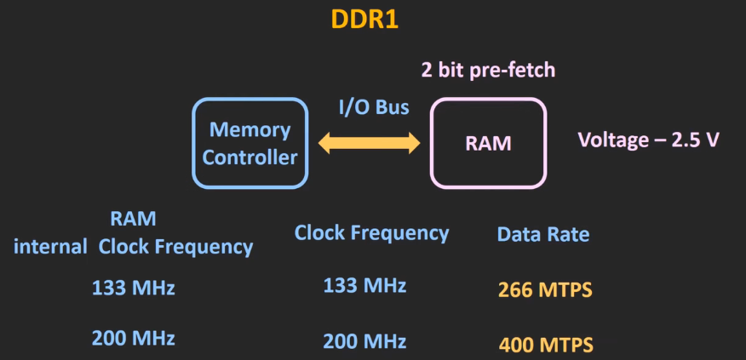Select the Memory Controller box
[250, 143]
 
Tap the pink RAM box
[488, 143]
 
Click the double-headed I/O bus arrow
[369, 142]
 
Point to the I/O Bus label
[374, 108]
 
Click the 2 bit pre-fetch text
[488, 70]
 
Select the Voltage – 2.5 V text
[648, 140]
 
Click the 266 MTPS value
[544, 290]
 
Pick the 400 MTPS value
[545, 346]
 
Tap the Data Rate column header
[542, 234]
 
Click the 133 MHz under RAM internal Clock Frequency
[133, 288]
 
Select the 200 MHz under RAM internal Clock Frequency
[133, 338]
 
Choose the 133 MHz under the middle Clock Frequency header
[364, 286]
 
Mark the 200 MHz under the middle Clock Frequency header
[364, 341]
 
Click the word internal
[51, 247]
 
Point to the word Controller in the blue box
[250, 157]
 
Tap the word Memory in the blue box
[250, 130]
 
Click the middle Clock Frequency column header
[371, 232]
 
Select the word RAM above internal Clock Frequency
[133, 219]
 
